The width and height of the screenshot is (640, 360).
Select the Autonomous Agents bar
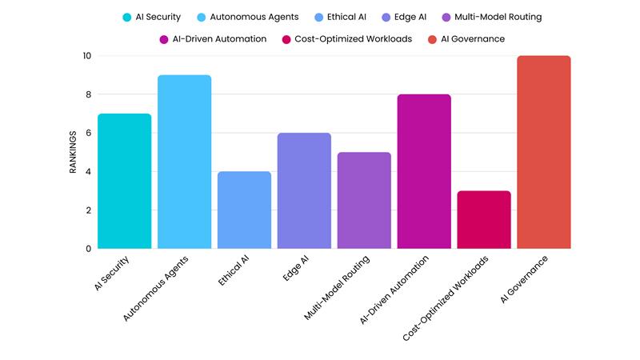click(184, 162)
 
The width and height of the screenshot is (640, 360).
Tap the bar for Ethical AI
click(244, 210)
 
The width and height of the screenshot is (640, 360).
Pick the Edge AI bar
click(304, 190)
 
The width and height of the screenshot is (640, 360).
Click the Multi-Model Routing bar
click(364, 200)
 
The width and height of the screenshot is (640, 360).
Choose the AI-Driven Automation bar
click(424, 171)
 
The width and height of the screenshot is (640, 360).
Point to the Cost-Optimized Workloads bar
click(484, 219)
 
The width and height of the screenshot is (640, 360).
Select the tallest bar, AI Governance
click(544, 152)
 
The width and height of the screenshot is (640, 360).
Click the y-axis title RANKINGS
click(72, 152)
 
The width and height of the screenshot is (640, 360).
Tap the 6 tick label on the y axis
click(88, 133)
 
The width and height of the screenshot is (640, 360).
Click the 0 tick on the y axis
click(88, 249)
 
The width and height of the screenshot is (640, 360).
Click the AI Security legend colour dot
click(127, 17)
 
